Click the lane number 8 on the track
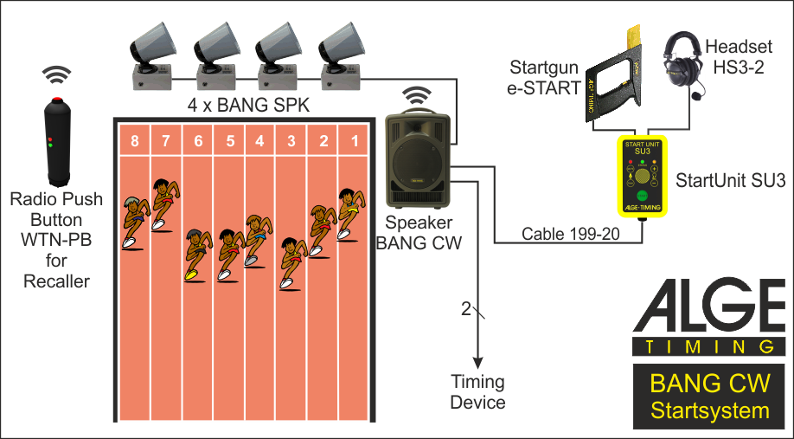(134, 140)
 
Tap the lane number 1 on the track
(352, 140)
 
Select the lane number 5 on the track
(229, 140)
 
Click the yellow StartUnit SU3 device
(642, 175)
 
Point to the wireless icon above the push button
(57, 74)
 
